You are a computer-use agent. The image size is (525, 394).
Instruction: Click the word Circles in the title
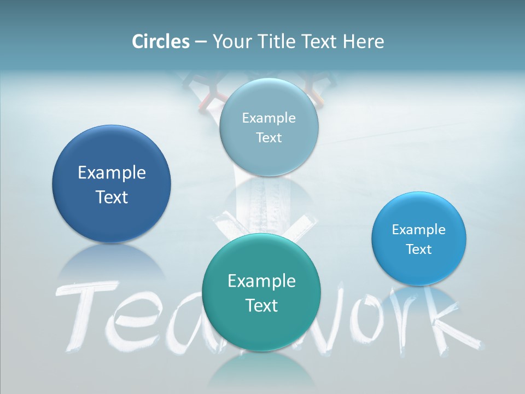click(161, 42)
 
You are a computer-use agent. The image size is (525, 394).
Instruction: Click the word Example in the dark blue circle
click(112, 173)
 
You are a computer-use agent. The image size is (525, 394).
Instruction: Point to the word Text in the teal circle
click(261, 305)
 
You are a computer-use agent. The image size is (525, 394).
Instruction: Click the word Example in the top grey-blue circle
click(269, 118)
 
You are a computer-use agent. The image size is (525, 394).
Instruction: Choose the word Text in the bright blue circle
click(419, 250)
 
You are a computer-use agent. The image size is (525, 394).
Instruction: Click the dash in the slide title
click(201, 42)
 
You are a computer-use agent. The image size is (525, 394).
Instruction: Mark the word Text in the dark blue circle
click(112, 197)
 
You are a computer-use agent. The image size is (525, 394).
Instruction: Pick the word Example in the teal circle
click(261, 281)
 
